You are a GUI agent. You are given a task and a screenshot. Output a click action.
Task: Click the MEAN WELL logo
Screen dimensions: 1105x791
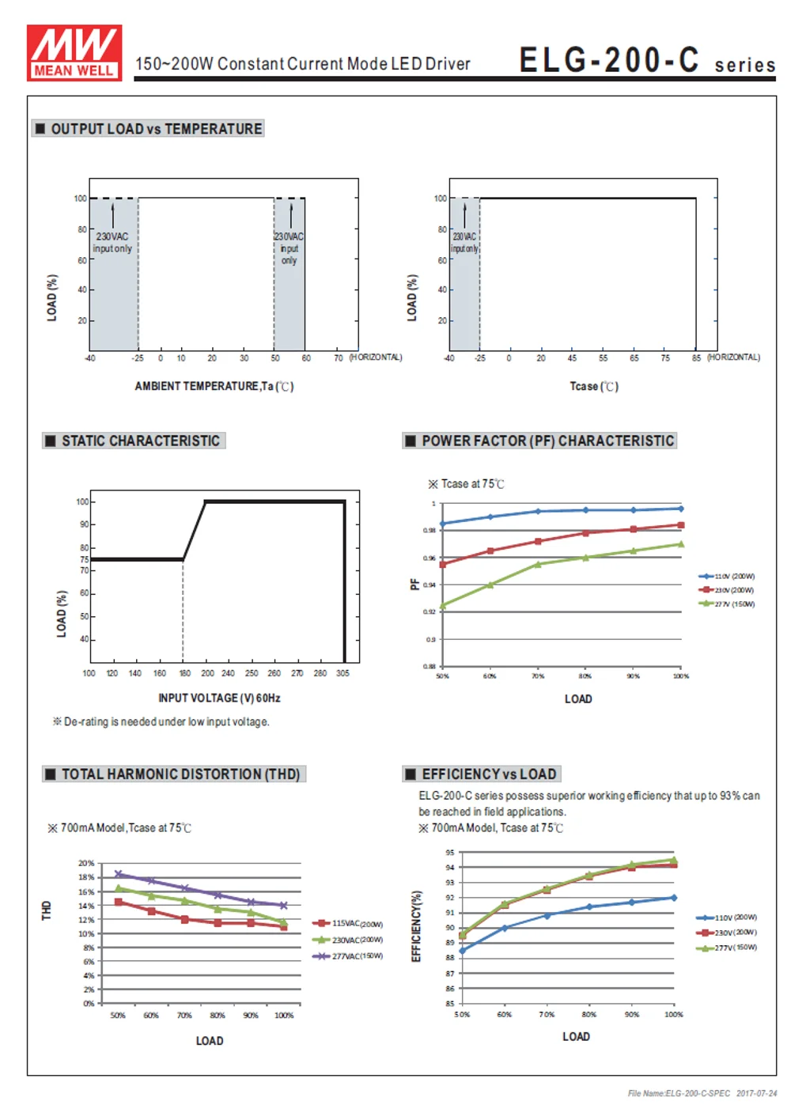coord(74,52)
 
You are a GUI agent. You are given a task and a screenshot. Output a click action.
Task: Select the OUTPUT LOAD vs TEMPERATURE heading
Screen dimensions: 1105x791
coord(156,129)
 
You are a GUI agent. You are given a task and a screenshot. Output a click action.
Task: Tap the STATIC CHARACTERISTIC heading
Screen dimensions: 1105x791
coord(140,441)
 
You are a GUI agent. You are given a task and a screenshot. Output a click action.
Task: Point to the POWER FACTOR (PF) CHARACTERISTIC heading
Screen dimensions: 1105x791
coord(547,441)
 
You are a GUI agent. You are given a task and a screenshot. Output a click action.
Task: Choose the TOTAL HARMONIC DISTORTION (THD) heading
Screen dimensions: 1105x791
coord(180,774)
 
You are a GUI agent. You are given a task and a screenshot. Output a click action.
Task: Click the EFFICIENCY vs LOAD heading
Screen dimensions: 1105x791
coord(489,774)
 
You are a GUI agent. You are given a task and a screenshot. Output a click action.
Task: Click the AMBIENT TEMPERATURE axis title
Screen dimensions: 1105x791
coord(214,386)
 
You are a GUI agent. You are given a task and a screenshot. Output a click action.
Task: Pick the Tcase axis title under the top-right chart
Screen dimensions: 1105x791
coord(594,386)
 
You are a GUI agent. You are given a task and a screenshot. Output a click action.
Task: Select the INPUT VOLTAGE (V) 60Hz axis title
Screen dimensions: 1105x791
coord(219,698)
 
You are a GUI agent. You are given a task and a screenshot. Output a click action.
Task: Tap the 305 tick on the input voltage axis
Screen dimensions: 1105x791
coord(343,673)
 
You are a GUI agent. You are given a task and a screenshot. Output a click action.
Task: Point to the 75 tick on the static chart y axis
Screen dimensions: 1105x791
coord(84,559)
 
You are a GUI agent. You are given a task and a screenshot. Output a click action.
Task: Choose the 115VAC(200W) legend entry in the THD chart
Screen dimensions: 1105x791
coord(357,923)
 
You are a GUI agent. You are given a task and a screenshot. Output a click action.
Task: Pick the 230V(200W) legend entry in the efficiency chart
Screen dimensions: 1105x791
coord(735,933)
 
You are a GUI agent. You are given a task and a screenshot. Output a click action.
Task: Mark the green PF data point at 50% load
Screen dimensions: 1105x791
coord(442,606)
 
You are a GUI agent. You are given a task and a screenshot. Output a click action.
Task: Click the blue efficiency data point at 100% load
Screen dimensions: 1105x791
coord(674,898)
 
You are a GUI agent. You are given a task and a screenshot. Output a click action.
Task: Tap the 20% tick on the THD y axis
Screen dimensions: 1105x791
coord(85,863)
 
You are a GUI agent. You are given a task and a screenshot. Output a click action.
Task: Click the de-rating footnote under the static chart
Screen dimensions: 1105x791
coord(161,721)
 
